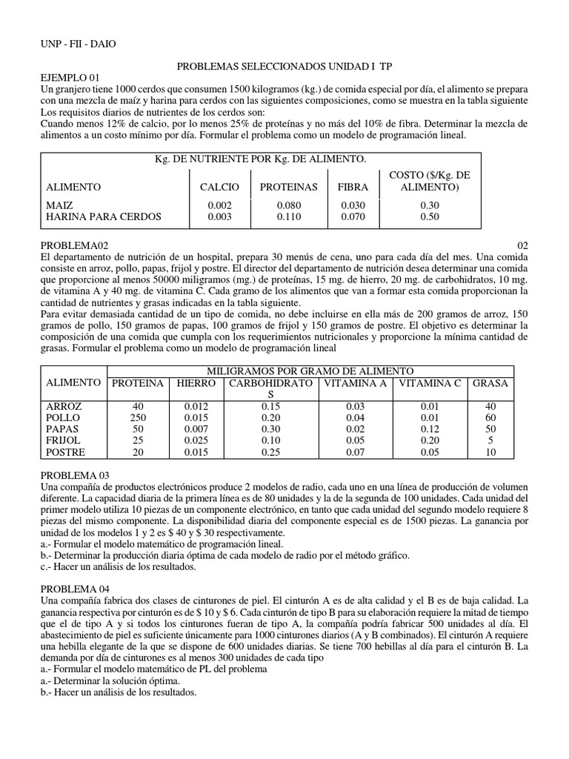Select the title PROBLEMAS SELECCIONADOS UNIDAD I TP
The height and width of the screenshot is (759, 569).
point(276,66)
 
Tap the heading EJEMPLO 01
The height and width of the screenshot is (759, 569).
point(68,77)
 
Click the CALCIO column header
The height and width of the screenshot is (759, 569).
point(219,188)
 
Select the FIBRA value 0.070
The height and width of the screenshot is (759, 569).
point(353,216)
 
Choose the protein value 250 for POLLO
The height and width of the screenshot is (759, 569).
point(137,418)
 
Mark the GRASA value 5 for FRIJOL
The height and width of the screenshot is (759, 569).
point(490,440)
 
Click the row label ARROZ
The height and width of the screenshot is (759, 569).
point(64,407)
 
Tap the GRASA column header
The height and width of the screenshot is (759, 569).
point(490,382)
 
